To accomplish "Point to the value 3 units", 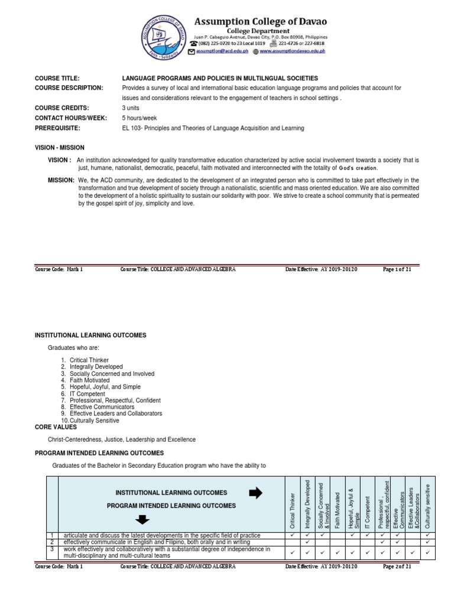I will [132, 108].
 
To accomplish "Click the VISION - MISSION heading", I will [60, 147].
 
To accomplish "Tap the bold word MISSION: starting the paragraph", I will [61, 180].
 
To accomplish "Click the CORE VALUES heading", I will [56, 427].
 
